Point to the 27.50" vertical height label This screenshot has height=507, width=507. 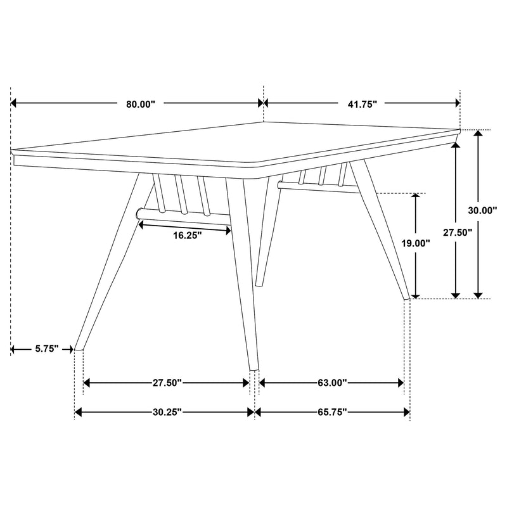[458, 233]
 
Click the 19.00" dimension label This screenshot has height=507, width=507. [416, 243]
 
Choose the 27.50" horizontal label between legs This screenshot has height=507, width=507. [167, 383]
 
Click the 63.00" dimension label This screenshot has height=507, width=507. [331, 383]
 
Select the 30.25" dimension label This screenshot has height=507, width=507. [167, 412]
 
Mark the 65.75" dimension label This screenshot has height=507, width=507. [331, 412]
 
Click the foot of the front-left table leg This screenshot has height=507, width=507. [79, 347]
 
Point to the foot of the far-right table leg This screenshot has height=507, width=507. [408, 297]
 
